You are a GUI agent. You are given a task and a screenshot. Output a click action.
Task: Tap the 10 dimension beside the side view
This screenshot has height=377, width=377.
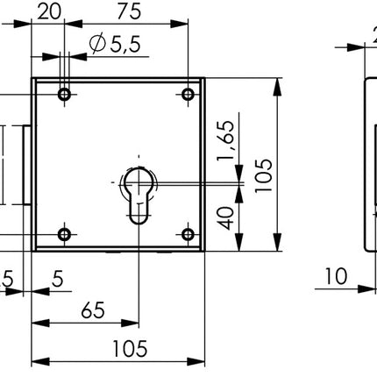click(334, 276)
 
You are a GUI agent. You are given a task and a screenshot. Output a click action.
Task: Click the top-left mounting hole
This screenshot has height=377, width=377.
click(63, 94)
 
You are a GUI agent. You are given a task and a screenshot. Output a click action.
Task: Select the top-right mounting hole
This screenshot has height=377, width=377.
click(187, 94)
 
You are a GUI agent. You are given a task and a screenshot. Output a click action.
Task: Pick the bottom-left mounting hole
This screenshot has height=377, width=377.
click(63, 233)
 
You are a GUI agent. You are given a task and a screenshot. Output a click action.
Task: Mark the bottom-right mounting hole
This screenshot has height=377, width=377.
click(187, 233)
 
